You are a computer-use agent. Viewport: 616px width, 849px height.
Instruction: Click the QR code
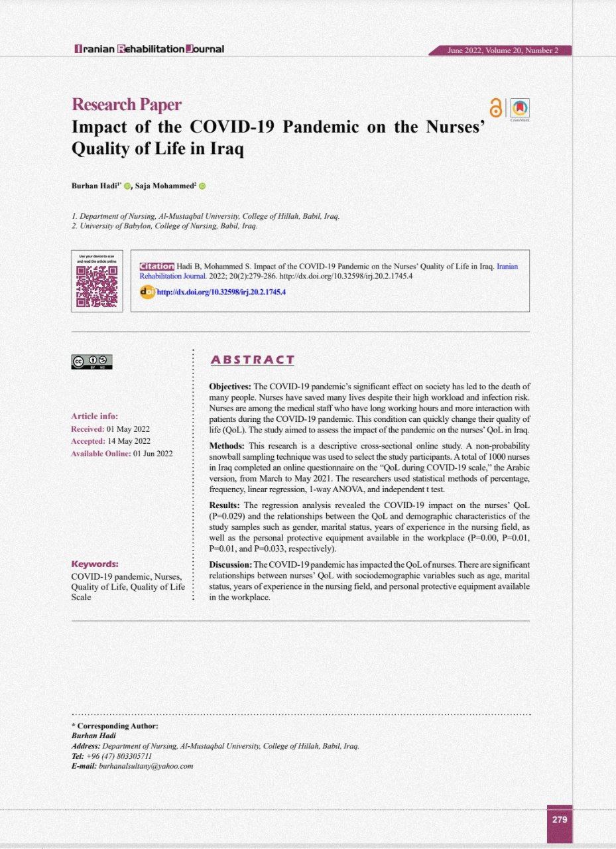point(97,287)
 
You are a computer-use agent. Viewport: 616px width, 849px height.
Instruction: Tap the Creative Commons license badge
point(92,362)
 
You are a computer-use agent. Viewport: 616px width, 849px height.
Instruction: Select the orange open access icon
point(495,108)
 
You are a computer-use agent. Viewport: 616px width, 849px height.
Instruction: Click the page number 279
point(559,819)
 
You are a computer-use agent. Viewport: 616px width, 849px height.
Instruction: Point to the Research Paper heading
point(126,104)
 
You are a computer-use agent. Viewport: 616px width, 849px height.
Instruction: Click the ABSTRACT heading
point(252,360)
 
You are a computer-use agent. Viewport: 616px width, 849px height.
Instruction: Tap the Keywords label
point(95,564)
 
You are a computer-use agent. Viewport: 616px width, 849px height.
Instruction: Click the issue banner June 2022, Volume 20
point(503,50)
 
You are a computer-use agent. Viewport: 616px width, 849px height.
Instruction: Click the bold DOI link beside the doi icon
point(221,291)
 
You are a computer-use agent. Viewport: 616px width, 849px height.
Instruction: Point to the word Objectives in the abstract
point(230,386)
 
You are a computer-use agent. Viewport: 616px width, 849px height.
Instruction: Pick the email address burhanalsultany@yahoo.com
point(146,766)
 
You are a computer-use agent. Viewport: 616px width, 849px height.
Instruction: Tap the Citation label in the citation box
point(156,266)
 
